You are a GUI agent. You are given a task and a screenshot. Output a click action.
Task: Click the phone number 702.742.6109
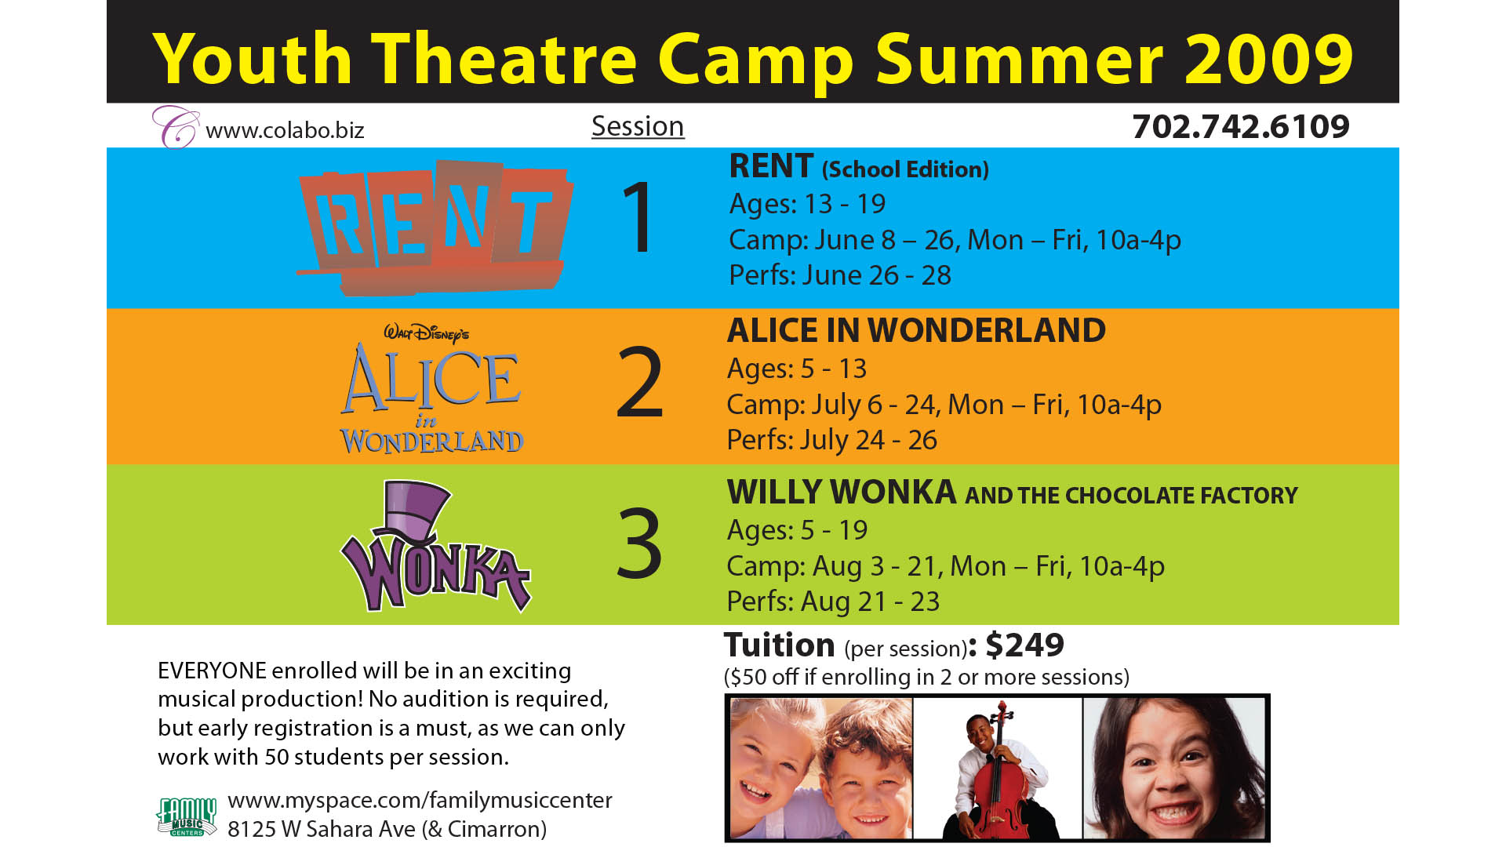coord(1241,127)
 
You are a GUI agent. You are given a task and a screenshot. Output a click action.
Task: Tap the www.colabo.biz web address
coord(285,130)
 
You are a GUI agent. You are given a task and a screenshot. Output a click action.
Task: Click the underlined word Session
coord(638,126)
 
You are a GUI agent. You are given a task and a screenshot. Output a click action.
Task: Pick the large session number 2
coord(640,384)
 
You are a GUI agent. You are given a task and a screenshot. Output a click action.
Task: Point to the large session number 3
coord(639,544)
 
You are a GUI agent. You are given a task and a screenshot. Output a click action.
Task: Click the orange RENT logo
coord(435,227)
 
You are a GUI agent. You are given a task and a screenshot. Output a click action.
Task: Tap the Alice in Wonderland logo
coord(431,389)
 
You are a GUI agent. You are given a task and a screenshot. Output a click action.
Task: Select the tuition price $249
coord(1024,645)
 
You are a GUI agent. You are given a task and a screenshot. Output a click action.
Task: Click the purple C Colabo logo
coord(176,127)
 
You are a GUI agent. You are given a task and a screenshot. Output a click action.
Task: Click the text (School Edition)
coord(905,169)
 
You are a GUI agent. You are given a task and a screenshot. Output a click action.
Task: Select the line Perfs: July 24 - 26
coord(831,440)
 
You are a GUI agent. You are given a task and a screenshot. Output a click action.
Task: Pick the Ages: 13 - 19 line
coord(807,204)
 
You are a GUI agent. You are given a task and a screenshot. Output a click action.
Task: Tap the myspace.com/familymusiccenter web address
coord(420,801)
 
